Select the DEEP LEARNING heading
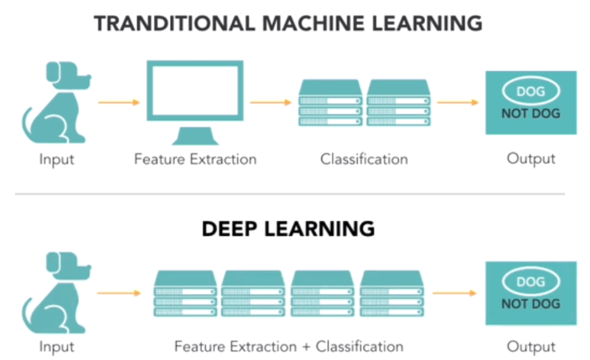(x=288, y=229)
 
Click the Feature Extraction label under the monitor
(x=195, y=159)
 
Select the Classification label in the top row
(x=364, y=159)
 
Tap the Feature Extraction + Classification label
(x=289, y=347)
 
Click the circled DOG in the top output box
(x=530, y=91)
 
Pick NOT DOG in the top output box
(x=530, y=113)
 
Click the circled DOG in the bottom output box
(x=530, y=282)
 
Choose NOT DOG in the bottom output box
(x=530, y=304)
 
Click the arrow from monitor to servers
(x=271, y=103)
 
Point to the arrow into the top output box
(x=458, y=103)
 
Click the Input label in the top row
(x=56, y=159)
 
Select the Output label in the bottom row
(x=531, y=347)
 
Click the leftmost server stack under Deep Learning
(x=186, y=293)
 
